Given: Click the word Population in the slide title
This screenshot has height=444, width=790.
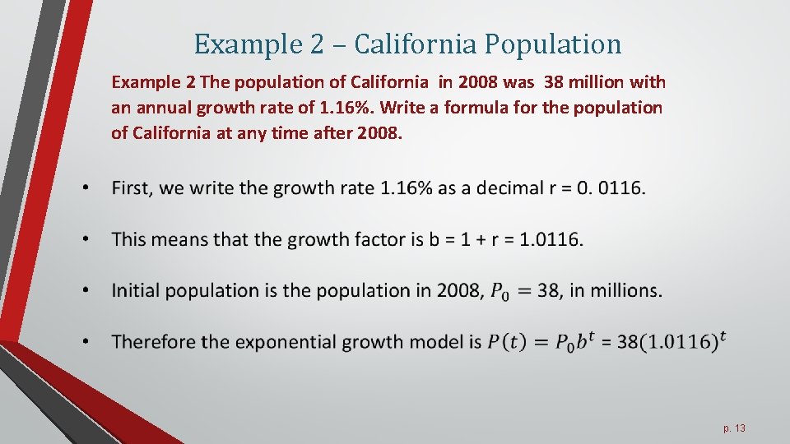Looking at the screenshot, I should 552,44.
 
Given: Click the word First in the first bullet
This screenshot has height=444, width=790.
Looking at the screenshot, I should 132,188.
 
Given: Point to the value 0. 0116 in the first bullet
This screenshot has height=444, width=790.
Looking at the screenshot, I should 610,188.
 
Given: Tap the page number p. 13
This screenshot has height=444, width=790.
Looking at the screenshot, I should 734,428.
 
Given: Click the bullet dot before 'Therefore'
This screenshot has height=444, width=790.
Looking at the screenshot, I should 86,341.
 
